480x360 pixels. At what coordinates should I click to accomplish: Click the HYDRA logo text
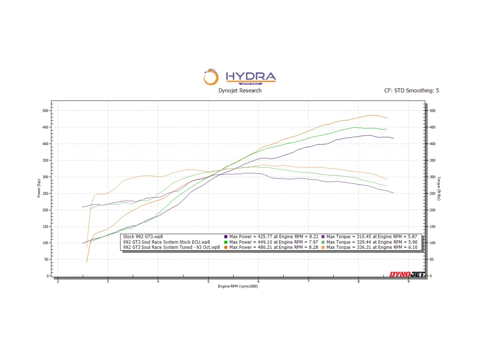point(250,76)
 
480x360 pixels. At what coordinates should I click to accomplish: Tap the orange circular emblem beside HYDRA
point(211,78)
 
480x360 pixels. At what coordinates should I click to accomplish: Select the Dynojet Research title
point(240,90)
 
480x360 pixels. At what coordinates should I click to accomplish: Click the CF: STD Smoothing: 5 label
point(411,90)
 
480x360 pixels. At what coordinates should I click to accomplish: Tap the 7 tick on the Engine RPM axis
point(308,282)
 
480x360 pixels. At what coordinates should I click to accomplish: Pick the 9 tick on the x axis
point(408,282)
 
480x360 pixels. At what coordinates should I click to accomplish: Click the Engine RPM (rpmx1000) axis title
point(238,286)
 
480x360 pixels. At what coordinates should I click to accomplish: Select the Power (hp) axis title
point(39,188)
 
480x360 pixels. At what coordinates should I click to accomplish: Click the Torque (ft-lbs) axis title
point(439,188)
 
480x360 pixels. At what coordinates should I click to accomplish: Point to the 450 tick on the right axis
point(432,127)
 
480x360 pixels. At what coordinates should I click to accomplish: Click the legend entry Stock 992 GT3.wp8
point(143,237)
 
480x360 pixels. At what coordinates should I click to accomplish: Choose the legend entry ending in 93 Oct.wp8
point(172,247)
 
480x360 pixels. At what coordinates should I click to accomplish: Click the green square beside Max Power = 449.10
point(226,242)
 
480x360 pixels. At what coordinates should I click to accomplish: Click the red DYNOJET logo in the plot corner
point(407,274)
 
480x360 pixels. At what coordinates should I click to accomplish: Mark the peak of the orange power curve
point(372,115)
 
